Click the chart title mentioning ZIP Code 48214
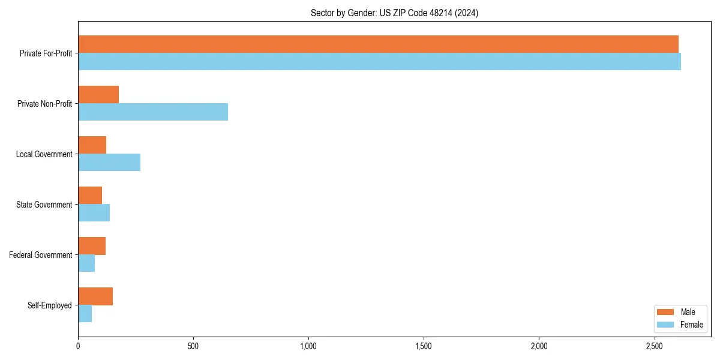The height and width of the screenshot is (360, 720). click(x=394, y=13)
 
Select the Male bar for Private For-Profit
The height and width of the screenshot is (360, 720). click(x=378, y=44)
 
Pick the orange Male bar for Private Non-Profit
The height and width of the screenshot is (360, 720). click(x=98, y=95)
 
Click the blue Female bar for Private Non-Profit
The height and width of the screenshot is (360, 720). click(x=153, y=112)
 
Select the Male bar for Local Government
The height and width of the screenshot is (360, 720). click(x=92, y=145)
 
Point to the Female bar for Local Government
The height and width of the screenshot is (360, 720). click(x=109, y=163)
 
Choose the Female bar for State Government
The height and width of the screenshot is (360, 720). click(x=94, y=213)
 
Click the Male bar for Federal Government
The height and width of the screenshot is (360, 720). click(x=92, y=246)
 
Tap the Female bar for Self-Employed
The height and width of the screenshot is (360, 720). click(x=85, y=314)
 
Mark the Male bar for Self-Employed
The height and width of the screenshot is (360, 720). click(x=95, y=296)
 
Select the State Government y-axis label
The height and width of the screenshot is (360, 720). click(x=44, y=205)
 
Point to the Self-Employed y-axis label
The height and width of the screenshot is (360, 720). click(x=49, y=305)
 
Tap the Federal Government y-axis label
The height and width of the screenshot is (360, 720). click(x=40, y=255)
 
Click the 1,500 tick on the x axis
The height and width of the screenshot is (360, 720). click(x=424, y=346)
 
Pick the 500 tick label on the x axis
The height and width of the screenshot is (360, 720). click(x=193, y=346)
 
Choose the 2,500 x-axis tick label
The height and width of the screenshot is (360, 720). click(x=654, y=346)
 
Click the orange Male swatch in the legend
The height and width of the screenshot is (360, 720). click(x=666, y=312)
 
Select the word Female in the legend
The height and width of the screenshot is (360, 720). click(x=692, y=325)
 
